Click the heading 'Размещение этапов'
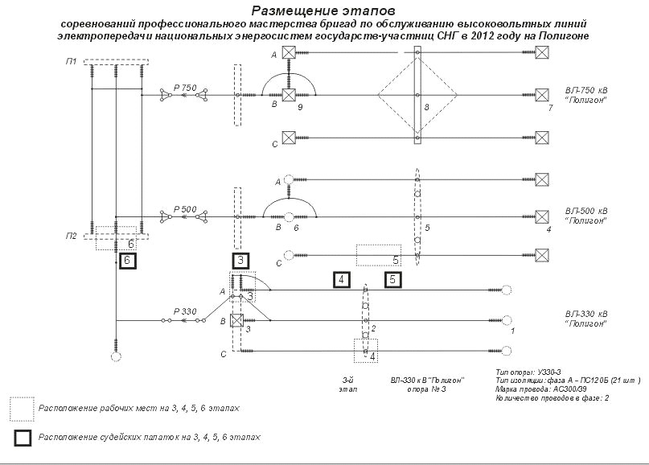click(x=324, y=11)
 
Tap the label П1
click(x=72, y=62)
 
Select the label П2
click(x=72, y=236)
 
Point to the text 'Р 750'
click(x=184, y=88)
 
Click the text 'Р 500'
click(x=184, y=209)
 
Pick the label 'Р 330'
click(x=184, y=311)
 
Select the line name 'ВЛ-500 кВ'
click(x=586, y=208)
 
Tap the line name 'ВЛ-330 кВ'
click(x=586, y=313)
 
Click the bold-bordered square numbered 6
click(x=126, y=261)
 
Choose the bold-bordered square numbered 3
click(x=241, y=261)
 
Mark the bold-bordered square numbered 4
click(x=342, y=280)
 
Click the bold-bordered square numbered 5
click(x=392, y=280)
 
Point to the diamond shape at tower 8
click(x=417, y=96)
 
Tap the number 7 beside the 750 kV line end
click(x=549, y=107)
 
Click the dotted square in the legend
click(x=22, y=409)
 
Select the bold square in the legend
click(x=22, y=438)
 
